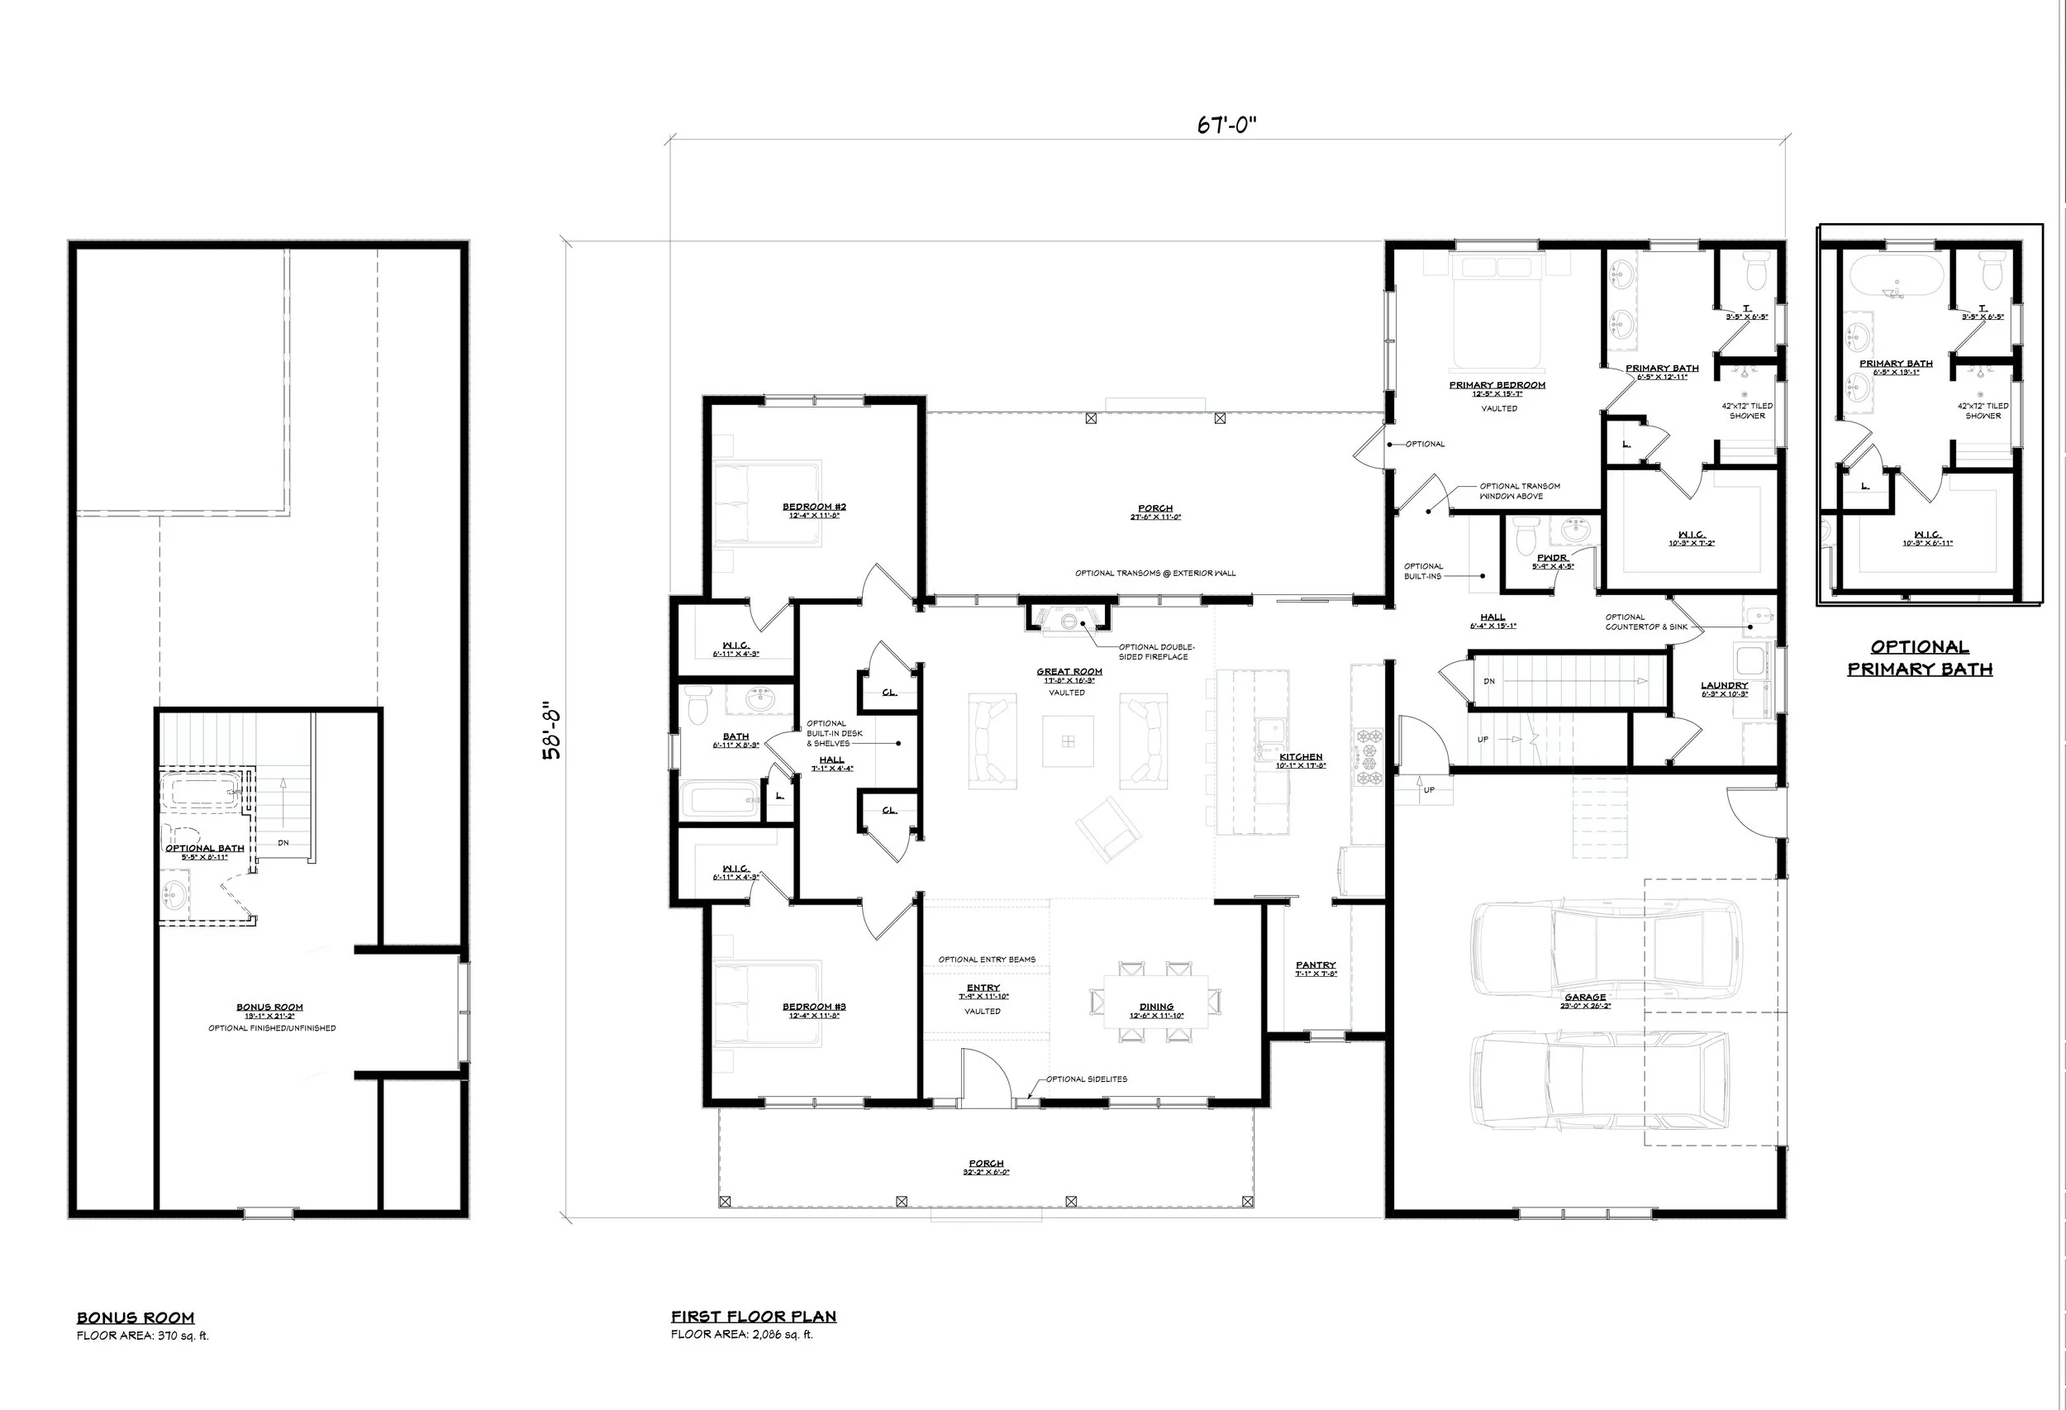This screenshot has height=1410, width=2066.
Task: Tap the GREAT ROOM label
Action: tap(1069, 672)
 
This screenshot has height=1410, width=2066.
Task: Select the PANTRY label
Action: tap(1315, 965)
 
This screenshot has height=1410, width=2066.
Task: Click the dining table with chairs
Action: tap(1155, 1002)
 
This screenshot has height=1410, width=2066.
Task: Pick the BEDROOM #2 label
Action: tap(813, 507)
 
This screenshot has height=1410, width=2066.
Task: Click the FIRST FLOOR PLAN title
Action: tap(753, 1317)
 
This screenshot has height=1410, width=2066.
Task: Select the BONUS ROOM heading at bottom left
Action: tap(136, 1317)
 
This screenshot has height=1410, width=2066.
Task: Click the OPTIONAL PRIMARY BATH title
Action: tap(1920, 658)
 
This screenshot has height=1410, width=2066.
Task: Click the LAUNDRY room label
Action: tap(1724, 685)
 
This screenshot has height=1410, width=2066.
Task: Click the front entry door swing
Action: tap(985, 1078)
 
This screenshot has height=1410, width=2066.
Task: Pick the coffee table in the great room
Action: tap(1068, 741)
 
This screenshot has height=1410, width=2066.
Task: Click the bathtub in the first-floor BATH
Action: tap(721, 799)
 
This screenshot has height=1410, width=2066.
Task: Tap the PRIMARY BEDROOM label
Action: tap(1497, 385)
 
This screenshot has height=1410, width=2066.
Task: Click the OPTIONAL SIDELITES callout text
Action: tap(1087, 1079)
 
